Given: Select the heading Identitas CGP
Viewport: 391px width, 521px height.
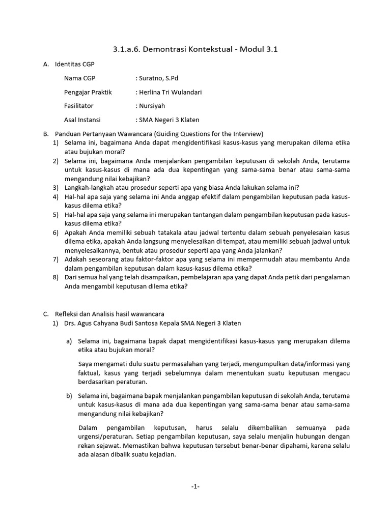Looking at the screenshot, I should (74, 64).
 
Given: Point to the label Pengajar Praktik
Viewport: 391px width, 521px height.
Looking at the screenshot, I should (88, 92).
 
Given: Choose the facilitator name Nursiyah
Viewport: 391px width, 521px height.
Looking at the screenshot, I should (152, 106).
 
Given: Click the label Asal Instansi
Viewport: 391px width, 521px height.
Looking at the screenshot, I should (82, 120).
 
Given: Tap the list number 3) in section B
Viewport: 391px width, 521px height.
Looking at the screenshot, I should (56, 187).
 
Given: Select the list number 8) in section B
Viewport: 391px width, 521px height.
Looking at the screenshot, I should (56, 277).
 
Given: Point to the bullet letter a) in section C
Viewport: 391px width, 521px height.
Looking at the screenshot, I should (69, 341).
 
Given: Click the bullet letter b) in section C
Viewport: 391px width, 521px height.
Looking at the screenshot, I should (69, 395).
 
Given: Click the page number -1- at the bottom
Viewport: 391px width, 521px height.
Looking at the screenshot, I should (195, 487).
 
